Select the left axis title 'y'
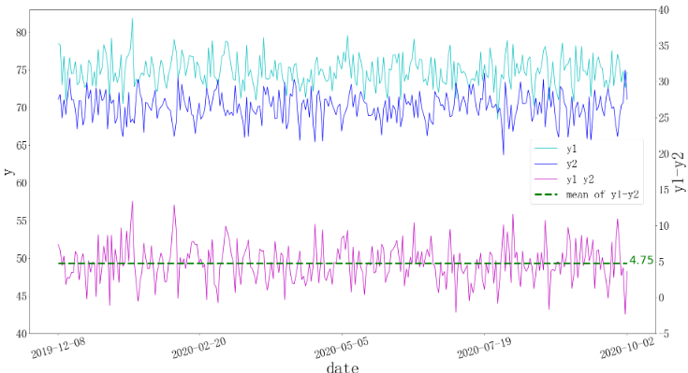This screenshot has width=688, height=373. (8, 171)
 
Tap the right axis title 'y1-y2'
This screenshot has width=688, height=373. (679, 171)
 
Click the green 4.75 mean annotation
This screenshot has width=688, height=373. (641, 261)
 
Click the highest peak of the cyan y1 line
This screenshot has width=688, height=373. (132, 19)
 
